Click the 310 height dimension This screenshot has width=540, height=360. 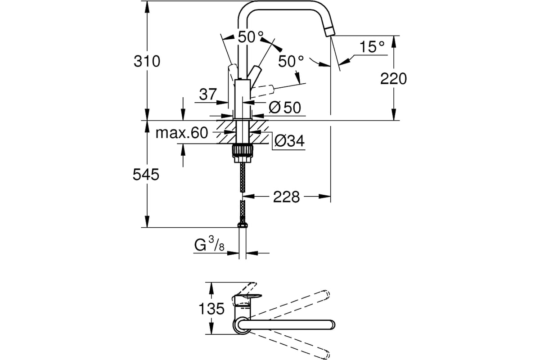pyautogui.click(x=147, y=61)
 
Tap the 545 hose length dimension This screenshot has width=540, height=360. pyautogui.click(x=146, y=174)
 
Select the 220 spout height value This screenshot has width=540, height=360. pyautogui.click(x=393, y=79)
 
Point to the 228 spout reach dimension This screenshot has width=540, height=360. pyautogui.click(x=286, y=197)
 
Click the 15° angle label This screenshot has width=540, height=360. pyautogui.click(x=372, y=46)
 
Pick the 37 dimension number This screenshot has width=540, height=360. pyautogui.click(x=208, y=94)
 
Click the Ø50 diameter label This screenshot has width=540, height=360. pyautogui.click(x=285, y=107)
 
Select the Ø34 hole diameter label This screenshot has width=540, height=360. pyautogui.click(x=289, y=140)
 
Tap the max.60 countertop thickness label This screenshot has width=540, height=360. pyautogui.click(x=182, y=133)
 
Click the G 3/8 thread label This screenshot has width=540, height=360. pyautogui.click(x=209, y=245)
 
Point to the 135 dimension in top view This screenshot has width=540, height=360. pyautogui.click(x=211, y=308)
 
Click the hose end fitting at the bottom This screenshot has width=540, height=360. pyautogui.click(x=243, y=225)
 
